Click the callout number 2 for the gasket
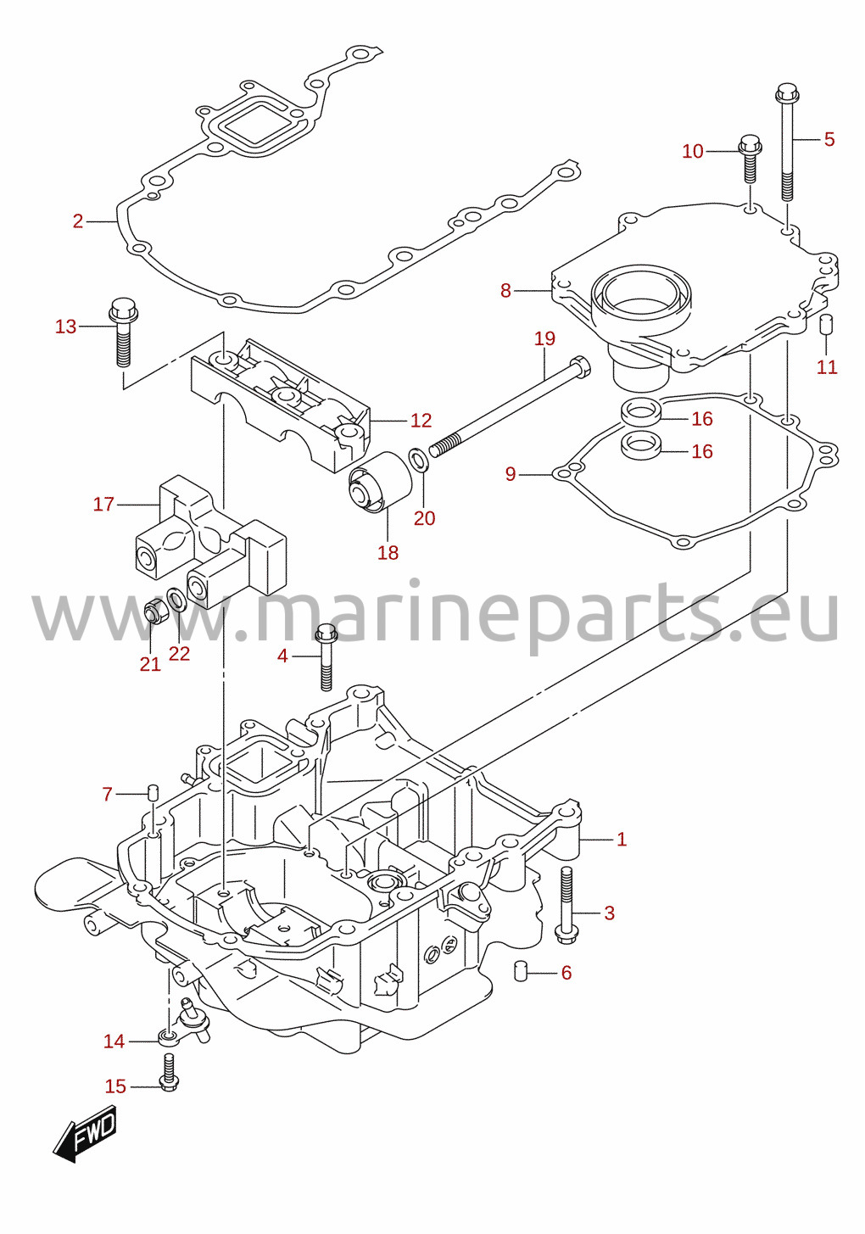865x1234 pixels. coord(78,221)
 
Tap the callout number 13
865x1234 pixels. coord(65,327)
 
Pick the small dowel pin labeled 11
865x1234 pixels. coord(826,324)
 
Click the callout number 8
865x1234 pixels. coord(505,290)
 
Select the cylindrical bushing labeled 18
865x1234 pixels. coord(380,482)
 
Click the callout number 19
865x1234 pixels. coord(545,338)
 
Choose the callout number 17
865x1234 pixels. coord(103,504)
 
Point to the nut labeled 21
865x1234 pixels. coord(152,613)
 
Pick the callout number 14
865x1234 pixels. coord(114,1041)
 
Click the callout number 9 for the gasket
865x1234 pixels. coord(511,474)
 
